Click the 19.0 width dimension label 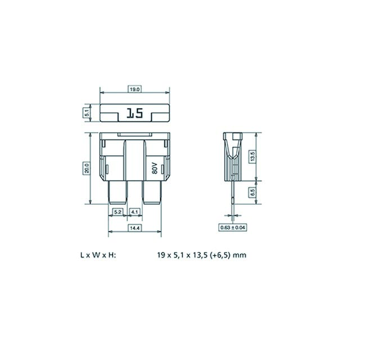point(134,89)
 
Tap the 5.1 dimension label point(87,112)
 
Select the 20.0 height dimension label point(87,168)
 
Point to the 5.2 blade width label point(118,212)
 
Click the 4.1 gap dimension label point(135,212)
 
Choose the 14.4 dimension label point(134,228)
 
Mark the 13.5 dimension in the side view point(252,156)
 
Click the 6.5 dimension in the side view point(252,192)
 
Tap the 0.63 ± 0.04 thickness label point(232,228)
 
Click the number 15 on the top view point(134,114)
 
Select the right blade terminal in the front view point(152,192)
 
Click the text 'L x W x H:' point(98,255)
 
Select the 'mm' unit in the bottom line point(240,255)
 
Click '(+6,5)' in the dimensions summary point(220,255)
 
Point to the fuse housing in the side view point(232,155)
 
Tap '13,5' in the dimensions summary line point(199,255)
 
